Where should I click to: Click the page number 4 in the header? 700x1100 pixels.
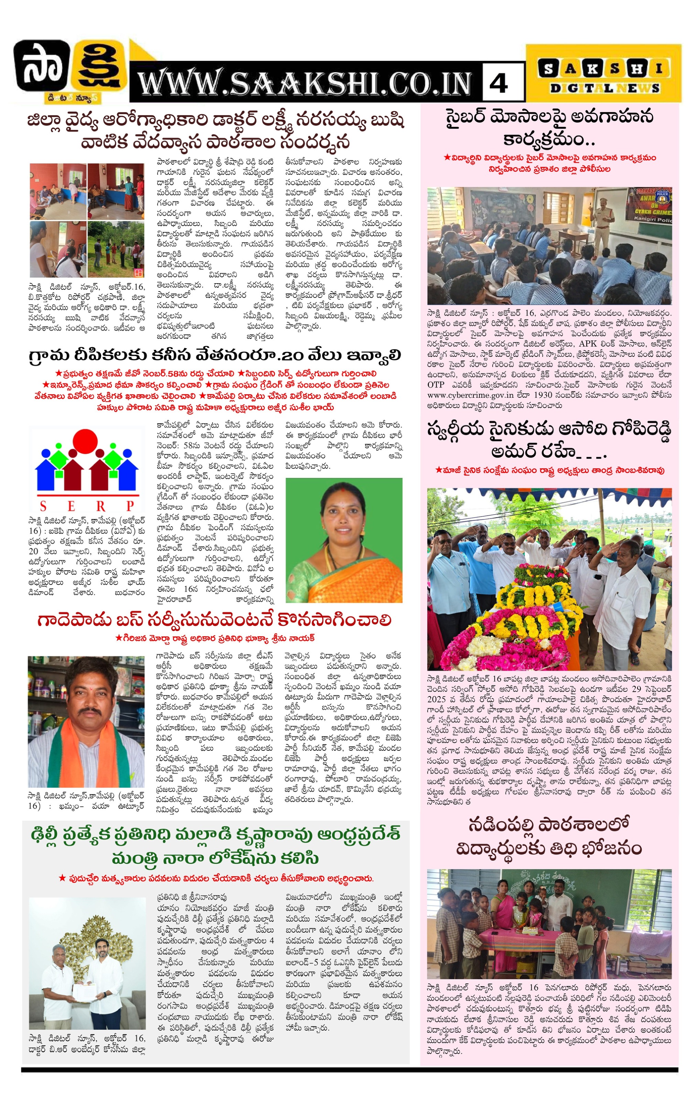(498, 83)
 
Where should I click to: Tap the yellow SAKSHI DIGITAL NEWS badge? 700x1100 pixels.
(603, 74)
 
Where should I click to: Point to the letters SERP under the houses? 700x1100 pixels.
(87, 506)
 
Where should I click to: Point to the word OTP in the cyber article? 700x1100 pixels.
(436, 385)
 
